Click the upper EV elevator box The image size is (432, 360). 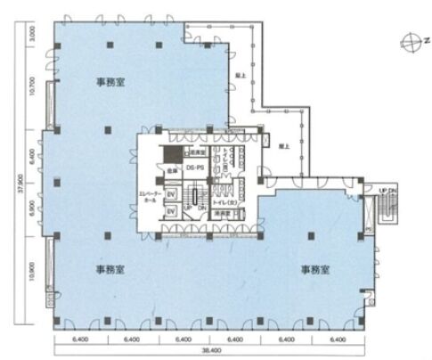pos(172,192)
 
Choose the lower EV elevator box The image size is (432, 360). pos(172,212)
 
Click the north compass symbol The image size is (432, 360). pos(411,40)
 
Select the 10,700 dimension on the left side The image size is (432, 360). pos(32,87)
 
